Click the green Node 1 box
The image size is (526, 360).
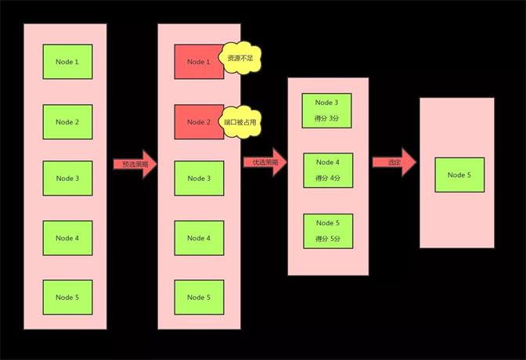67,61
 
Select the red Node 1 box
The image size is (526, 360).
199,62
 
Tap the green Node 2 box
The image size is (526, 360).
67,121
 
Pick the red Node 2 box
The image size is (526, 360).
199,121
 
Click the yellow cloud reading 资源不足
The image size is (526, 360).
240,59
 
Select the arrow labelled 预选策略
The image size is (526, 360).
135,164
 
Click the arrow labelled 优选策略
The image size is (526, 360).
265,163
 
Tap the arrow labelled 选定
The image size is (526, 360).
393,162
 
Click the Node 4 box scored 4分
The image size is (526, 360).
328,170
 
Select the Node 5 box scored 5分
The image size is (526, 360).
328,231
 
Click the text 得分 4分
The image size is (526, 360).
328,178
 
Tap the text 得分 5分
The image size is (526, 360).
328,239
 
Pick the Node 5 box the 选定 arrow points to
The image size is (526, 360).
459,175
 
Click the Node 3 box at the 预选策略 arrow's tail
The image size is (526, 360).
67,178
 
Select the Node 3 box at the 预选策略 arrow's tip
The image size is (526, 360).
199,178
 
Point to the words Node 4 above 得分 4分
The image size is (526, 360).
328,162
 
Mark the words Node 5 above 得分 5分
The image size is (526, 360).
328,223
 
